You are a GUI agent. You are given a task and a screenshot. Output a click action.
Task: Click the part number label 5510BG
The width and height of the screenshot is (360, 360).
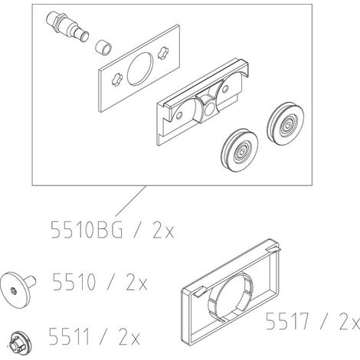[87, 230]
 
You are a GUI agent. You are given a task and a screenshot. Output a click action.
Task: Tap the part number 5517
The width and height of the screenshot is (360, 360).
[286, 321]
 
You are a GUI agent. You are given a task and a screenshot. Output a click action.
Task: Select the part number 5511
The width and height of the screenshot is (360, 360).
[69, 336]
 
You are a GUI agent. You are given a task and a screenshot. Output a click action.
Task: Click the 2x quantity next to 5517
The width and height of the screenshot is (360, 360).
[350, 321]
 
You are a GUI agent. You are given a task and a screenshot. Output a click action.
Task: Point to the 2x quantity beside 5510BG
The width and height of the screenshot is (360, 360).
[163, 230]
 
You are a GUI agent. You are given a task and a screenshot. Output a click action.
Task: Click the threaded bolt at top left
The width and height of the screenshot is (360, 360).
[67, 27]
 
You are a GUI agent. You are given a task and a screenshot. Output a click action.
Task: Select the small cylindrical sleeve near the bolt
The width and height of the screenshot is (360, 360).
[103, 47]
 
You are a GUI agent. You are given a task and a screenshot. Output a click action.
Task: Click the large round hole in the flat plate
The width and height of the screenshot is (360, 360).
[140, 69]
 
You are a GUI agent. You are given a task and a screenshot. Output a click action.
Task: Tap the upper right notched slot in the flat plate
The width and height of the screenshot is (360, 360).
[163, 53]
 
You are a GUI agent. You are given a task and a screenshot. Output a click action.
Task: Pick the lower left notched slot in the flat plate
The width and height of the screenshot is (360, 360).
[117, 80]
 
